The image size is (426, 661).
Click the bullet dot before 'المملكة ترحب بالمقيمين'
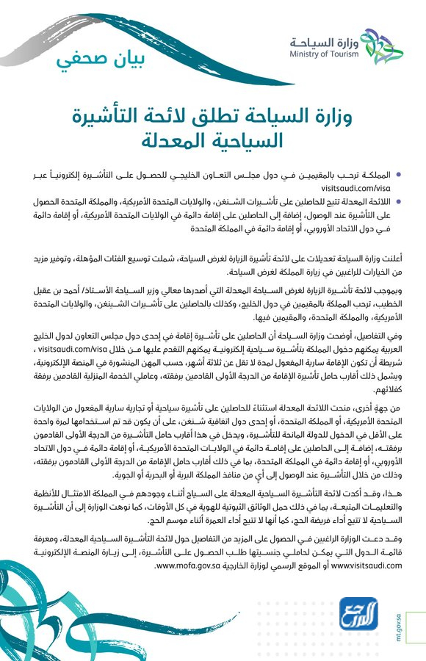pyautogui.click(x=399, y=175)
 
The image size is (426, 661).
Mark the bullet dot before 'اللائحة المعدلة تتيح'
pyautogui.click(x=399, y=200)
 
